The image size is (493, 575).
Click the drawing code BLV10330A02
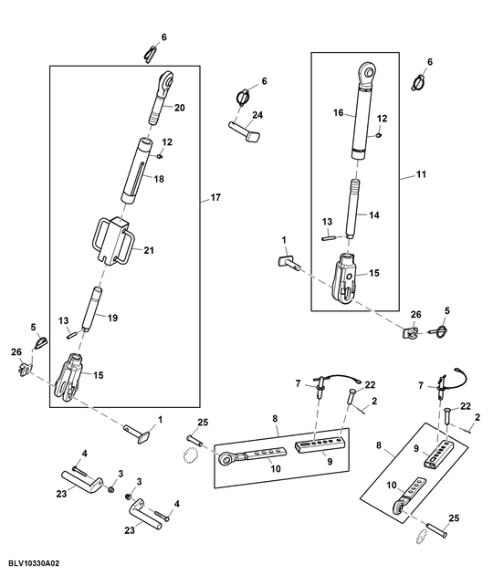[34, 566]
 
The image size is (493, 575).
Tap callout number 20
[179, 108]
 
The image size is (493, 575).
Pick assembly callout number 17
[216, 197]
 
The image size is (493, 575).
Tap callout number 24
[258, 115]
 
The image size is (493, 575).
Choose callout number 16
[338, 113]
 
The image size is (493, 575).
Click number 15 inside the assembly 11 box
[373, 272]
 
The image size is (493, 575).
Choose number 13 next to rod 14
[327, 221]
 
